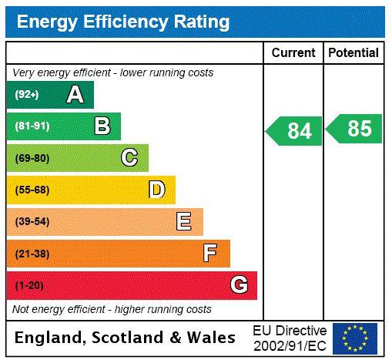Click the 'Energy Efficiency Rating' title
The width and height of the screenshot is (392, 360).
pos(123,22)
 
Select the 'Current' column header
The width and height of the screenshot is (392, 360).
pos(293,53)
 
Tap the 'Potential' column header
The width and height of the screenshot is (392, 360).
pos(353,53)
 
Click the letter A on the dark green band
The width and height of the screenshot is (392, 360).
pos(75,95)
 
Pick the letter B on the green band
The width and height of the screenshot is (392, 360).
pos(102,126)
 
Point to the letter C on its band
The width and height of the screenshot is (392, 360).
pos(129,158)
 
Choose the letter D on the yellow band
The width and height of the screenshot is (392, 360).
pos(156,190)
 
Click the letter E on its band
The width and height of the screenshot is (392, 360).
pos(184,222)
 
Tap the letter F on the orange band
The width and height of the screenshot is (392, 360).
pos(210,253)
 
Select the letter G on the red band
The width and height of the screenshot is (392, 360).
pos(239,285)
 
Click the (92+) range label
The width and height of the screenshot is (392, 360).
pos(27,95)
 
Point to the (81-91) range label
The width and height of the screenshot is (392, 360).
pos(32,126)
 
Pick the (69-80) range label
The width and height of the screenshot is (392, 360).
pos(32,158)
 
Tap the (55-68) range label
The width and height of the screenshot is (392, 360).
pos(32,190)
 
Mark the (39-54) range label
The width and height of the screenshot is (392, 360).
pos(32,222)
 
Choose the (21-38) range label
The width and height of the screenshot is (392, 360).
pos(32,254)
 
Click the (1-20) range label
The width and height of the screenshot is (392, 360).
pos(29,285)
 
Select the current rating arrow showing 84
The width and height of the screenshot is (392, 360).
pos(294,131)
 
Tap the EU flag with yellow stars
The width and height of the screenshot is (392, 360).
pos(354,338)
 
